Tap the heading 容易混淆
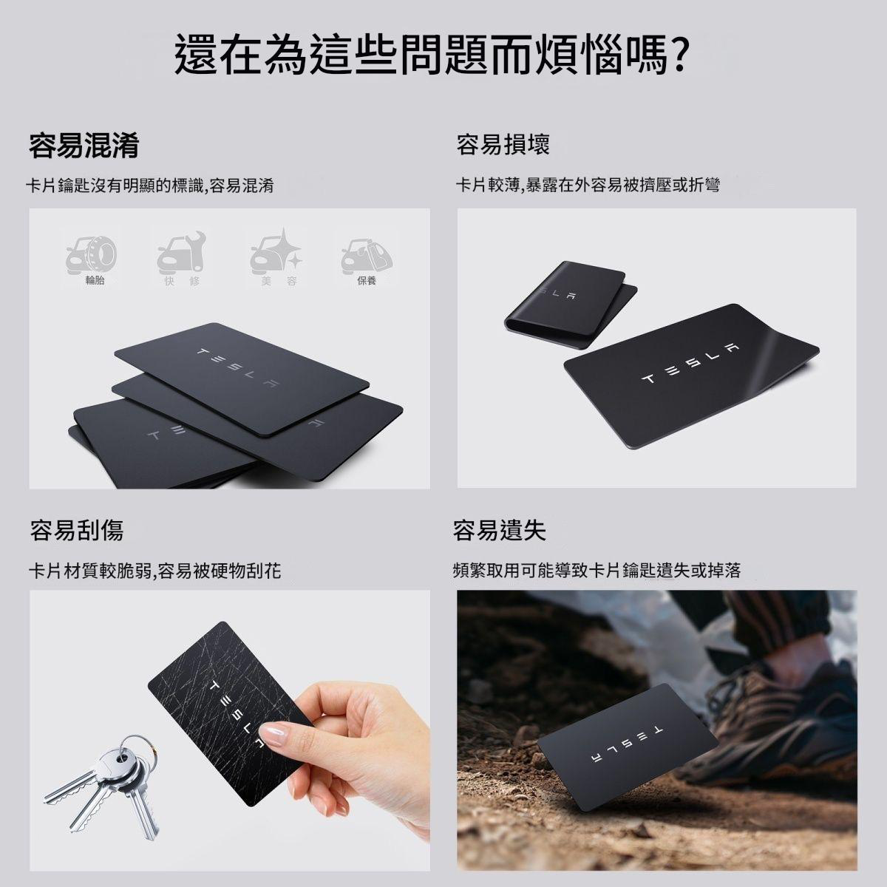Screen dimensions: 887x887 coord(84,146)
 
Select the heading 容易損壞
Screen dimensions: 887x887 coord(503,145)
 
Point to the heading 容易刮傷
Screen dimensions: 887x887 coord(76,529)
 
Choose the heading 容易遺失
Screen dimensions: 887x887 coord(500,529)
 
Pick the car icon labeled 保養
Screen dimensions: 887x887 coord(367,256)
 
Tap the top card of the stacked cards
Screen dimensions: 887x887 coord(242,380)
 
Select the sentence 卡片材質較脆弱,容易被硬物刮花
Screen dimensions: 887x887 coord(155,571)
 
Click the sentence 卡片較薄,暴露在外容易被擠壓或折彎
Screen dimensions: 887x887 coord(588,185)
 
